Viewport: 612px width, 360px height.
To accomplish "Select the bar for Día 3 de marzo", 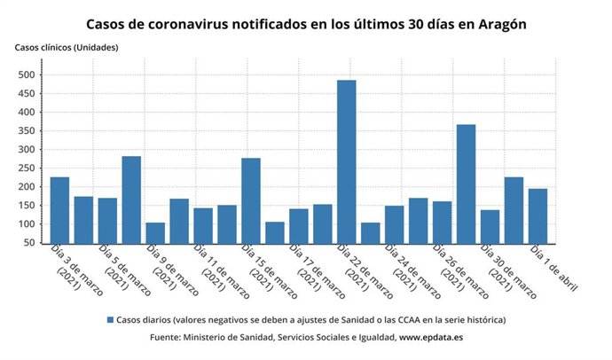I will [x=59, y=210].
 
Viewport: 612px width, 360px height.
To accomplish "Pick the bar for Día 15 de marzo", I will [x=251, y=200].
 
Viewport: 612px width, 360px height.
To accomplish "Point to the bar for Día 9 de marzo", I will [x=155, y=233].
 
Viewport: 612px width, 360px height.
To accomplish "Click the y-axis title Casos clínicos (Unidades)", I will [x=67, y=47].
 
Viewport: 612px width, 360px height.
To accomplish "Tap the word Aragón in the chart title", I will [x=498, y=24].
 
